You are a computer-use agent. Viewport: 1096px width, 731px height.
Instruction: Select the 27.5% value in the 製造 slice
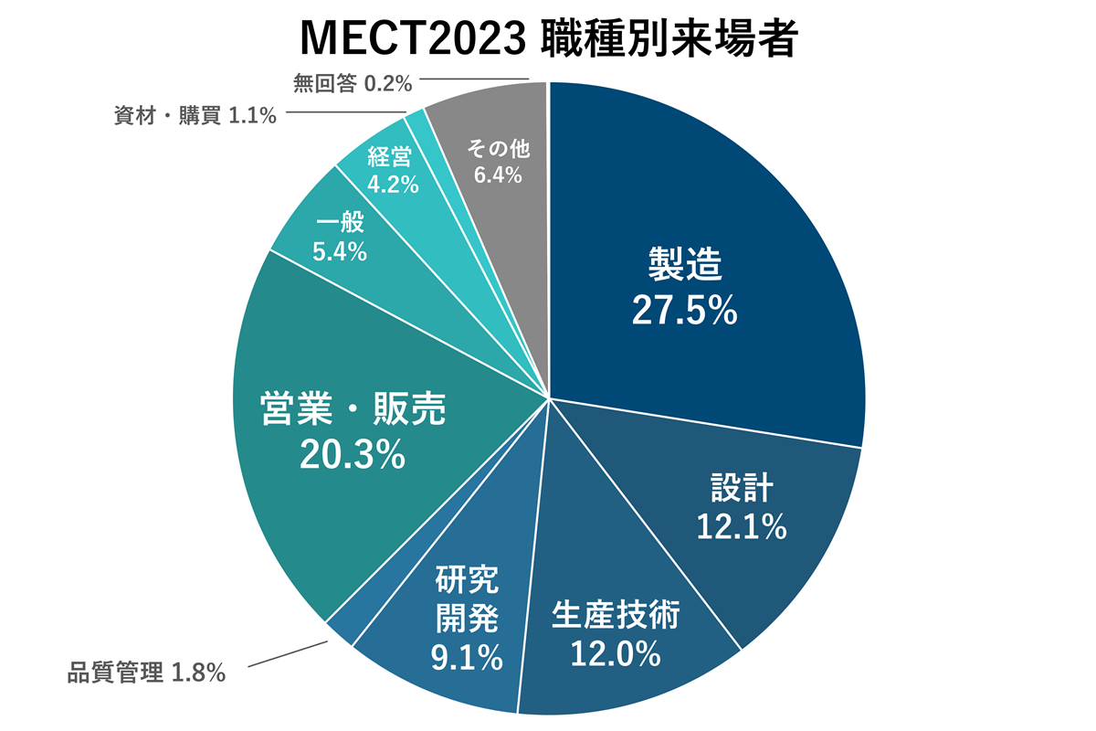684,311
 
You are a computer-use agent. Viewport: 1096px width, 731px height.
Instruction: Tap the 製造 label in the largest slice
685,266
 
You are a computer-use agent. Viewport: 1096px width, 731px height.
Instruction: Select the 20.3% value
353,454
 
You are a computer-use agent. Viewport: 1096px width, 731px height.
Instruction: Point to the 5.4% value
340,251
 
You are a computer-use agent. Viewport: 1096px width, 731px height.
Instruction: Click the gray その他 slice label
498,148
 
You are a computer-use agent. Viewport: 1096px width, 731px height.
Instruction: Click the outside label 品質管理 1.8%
146,674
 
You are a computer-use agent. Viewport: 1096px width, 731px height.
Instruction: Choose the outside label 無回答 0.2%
353,84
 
